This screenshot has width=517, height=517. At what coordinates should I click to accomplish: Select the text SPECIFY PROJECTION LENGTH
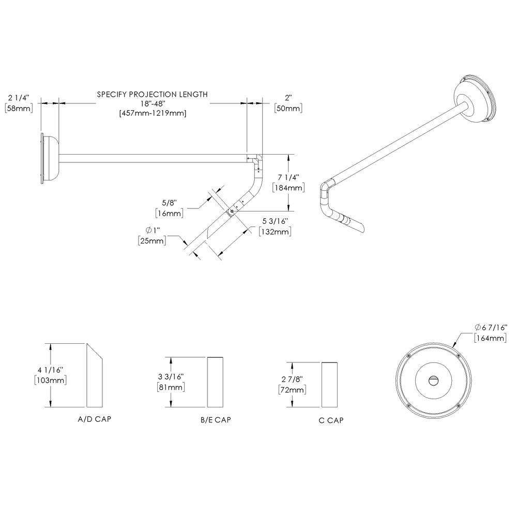pos(153,95)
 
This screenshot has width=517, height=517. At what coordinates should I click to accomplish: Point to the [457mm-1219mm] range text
pos(153,113)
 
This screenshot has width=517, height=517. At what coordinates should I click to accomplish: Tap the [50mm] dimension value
pos(288,108)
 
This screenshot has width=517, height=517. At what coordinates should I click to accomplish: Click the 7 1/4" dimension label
pos(288,177)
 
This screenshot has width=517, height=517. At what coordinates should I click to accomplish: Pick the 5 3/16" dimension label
pos(274,222)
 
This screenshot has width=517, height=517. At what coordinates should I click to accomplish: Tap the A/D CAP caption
pos(94,419)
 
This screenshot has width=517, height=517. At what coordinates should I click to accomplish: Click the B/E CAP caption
pos(216,420)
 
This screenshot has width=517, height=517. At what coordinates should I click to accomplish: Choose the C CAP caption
pos(331,420)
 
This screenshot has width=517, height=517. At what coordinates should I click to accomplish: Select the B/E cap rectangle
pos(216,382)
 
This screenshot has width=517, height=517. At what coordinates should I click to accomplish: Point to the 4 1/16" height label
pos(50,370)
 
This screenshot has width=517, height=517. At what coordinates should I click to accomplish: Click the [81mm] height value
pos(170,387)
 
